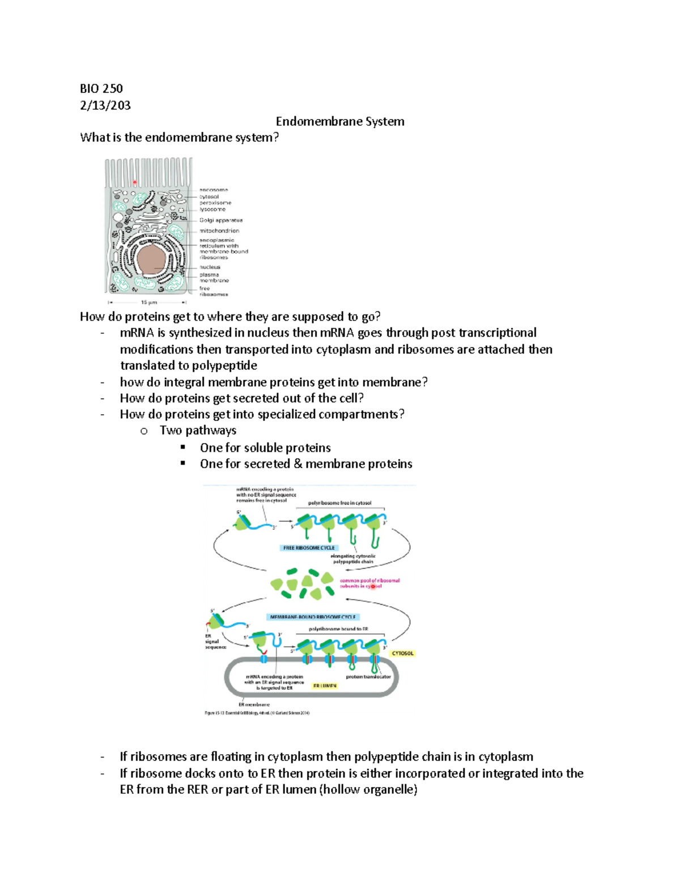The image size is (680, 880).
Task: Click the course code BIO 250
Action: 101,88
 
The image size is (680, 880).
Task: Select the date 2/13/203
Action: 105,105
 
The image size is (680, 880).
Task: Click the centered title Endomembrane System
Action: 340,121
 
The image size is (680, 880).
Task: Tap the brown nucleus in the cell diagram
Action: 151,261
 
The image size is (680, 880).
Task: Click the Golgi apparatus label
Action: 220,220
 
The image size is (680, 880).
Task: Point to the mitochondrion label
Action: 219,231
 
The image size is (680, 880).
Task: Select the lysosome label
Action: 212,209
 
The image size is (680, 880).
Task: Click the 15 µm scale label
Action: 148,303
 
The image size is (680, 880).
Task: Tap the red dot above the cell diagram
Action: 135,182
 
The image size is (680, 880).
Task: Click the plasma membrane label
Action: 214,278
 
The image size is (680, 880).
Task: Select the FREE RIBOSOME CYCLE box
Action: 309,548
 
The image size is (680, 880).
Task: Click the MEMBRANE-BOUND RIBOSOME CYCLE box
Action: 313,617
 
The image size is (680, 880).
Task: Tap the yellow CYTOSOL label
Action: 402,653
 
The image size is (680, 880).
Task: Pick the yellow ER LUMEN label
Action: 325,686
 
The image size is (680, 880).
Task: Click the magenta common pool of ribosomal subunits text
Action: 369,583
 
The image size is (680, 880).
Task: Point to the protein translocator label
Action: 368,677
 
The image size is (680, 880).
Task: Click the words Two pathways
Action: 198,431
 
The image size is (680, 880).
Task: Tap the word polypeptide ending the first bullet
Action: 224,365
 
